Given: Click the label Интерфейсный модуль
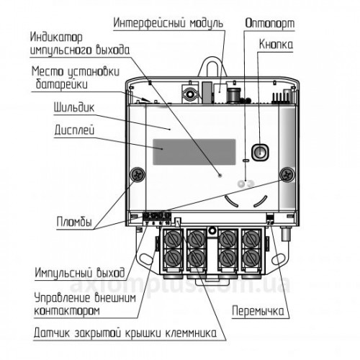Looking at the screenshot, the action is (x=168, y=23).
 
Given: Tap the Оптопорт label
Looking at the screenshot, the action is (x=270, y=24).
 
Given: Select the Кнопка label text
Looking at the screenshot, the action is (x=276, y=45).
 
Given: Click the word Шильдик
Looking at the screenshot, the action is (x=74, y=107).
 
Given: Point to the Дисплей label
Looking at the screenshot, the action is (x=74, y=130).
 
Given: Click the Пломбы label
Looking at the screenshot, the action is (x=74, y=222).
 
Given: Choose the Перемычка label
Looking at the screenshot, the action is (x=258, y=311).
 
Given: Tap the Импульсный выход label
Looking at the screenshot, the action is (x=80, y=273).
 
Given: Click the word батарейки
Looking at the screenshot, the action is (x=62, y=84).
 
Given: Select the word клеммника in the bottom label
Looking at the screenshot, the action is (x=191, y=333).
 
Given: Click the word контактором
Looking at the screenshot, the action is (x=67, y=311).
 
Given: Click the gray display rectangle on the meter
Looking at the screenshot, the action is (x=194, y=152).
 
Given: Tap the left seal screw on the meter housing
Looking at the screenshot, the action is (x=138, y=174).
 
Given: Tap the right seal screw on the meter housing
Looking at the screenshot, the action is (x=287, y=174).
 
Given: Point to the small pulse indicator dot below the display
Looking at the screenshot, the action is (x=220, y=175).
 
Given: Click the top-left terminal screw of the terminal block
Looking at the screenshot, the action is (x=172, y=239).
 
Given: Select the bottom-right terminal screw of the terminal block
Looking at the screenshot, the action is (x=251, y=258).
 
